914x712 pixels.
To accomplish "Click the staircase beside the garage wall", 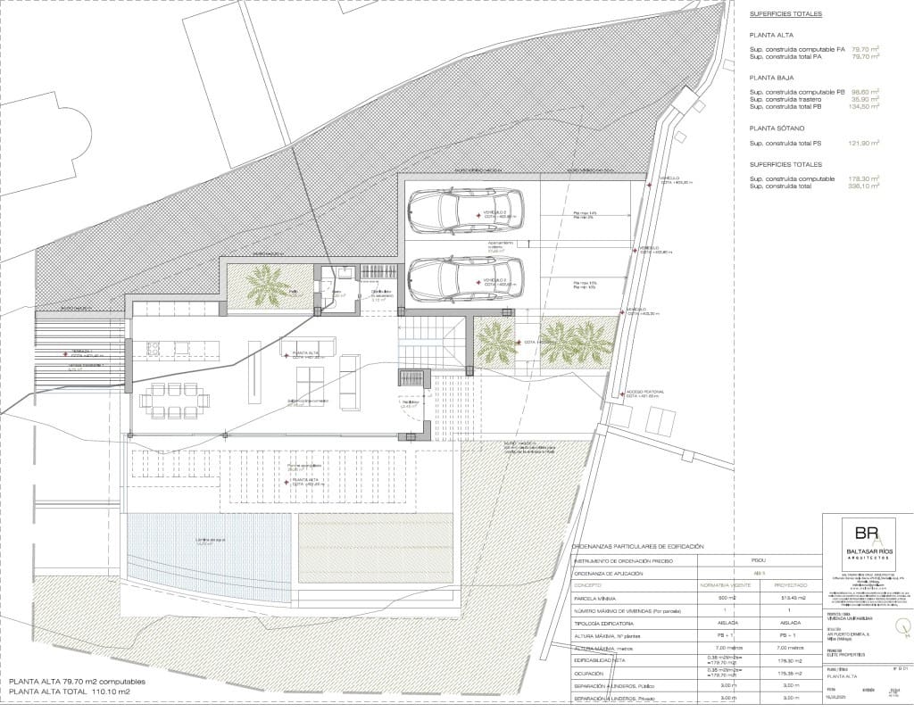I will (x=430, y=344).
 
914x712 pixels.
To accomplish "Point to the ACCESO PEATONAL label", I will (x=644, y=392).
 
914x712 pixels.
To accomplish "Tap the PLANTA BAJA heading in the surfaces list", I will (x=773, y=79).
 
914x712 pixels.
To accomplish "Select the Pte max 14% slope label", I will (x=585, y=212).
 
